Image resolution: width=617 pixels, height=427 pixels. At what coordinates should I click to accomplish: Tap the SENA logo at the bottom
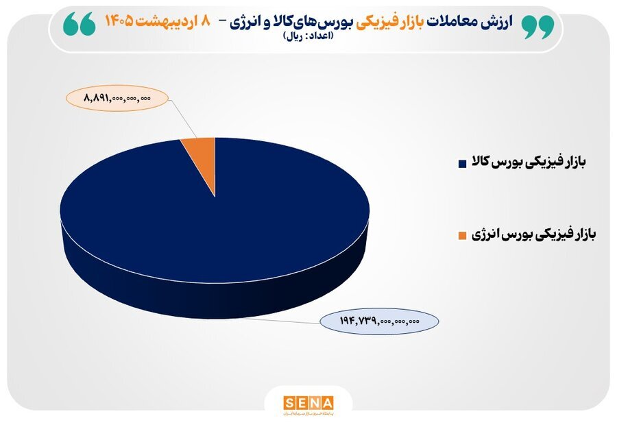point(308,402)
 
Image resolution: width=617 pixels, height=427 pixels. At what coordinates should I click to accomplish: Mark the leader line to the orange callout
point(182,117)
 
